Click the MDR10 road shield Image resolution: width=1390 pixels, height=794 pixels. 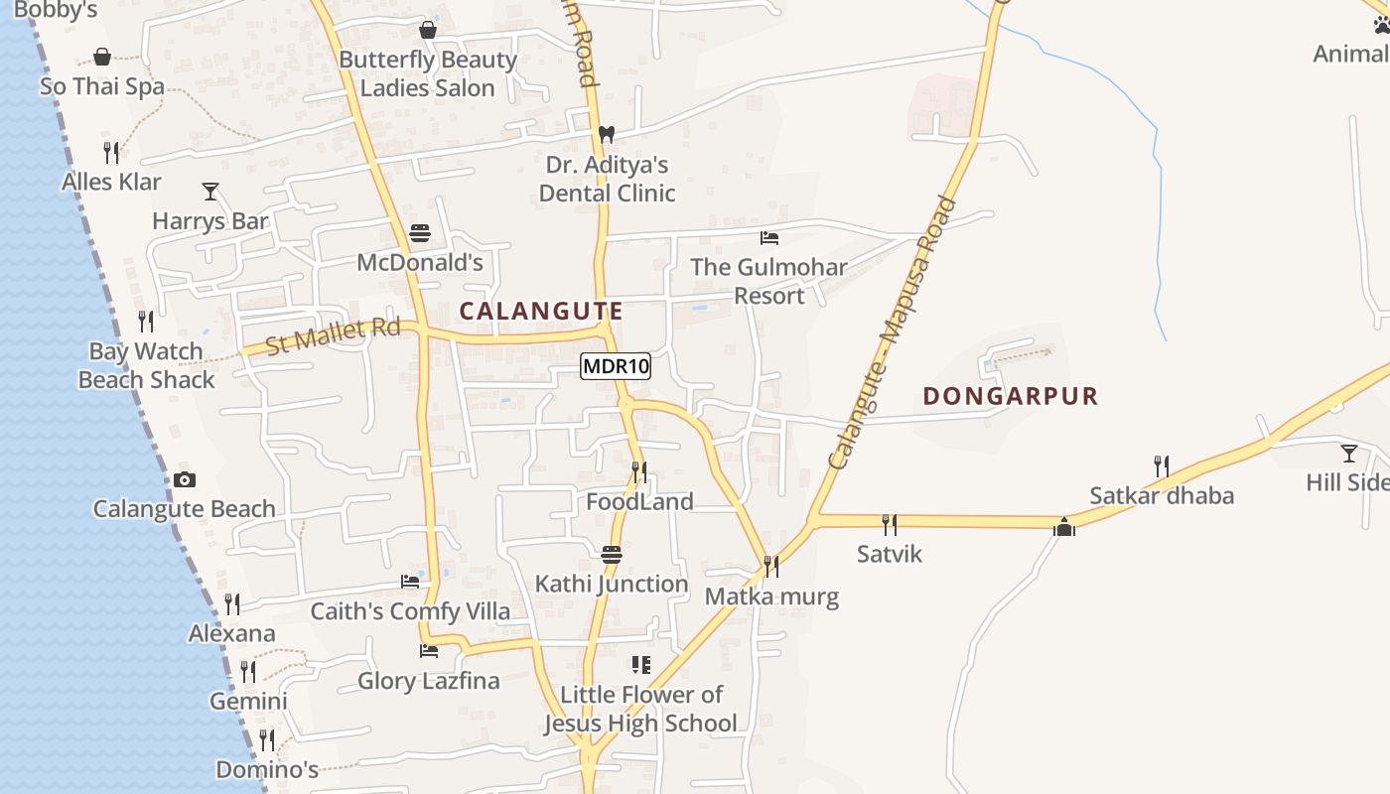[616, 366]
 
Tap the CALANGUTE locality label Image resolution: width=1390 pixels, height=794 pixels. [541, 311]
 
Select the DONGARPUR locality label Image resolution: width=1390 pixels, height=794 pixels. [1010, 396]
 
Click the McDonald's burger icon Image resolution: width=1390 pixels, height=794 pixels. [420, 234]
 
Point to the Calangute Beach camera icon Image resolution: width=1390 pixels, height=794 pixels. [184, 480]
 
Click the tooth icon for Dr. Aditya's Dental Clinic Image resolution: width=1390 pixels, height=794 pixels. [606, 134]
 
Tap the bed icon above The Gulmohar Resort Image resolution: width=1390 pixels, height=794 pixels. [768, 238]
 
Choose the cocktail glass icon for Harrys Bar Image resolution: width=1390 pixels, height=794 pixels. [210, 191]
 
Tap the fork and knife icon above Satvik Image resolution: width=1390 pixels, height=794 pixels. [890, 524]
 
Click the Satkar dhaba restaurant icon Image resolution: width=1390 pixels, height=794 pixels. [1161, 465]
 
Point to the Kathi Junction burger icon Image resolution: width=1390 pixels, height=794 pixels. [612, 554]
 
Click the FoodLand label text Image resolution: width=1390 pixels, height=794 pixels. [639, 502]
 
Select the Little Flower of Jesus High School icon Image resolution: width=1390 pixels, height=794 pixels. [641, 664]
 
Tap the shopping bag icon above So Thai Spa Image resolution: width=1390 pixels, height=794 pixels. [102, 57]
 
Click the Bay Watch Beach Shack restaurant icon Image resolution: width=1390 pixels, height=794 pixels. [146, 322]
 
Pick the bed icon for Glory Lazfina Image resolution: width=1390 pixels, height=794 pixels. [429, 651]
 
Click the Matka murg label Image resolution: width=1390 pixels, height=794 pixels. [771, 596]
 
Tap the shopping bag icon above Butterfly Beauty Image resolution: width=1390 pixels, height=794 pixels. [428, 30]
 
